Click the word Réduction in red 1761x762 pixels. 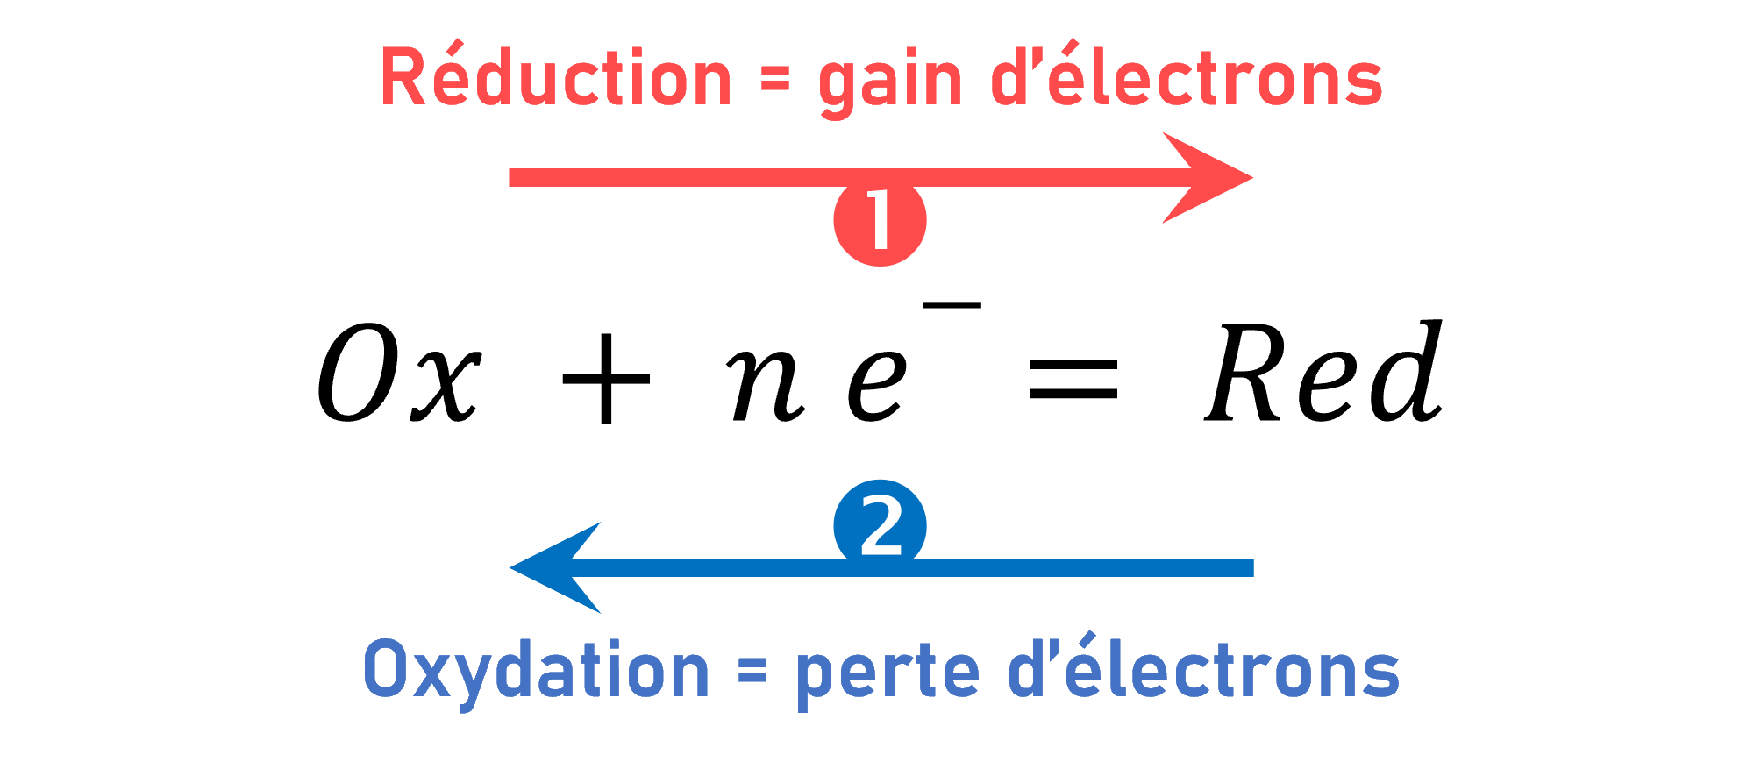[x=555, y=79]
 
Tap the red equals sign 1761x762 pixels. [x=774, y=82]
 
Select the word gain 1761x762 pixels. [x=890, y=83]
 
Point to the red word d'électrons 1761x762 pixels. [x=1187, y=79]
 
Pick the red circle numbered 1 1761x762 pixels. [x=880, y=221]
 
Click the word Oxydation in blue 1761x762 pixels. [x=536, y=671]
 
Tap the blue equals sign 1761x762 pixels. [x=752, y=672]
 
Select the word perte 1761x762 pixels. [x=887, y=673]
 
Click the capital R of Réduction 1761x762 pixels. [x=403, y=79]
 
